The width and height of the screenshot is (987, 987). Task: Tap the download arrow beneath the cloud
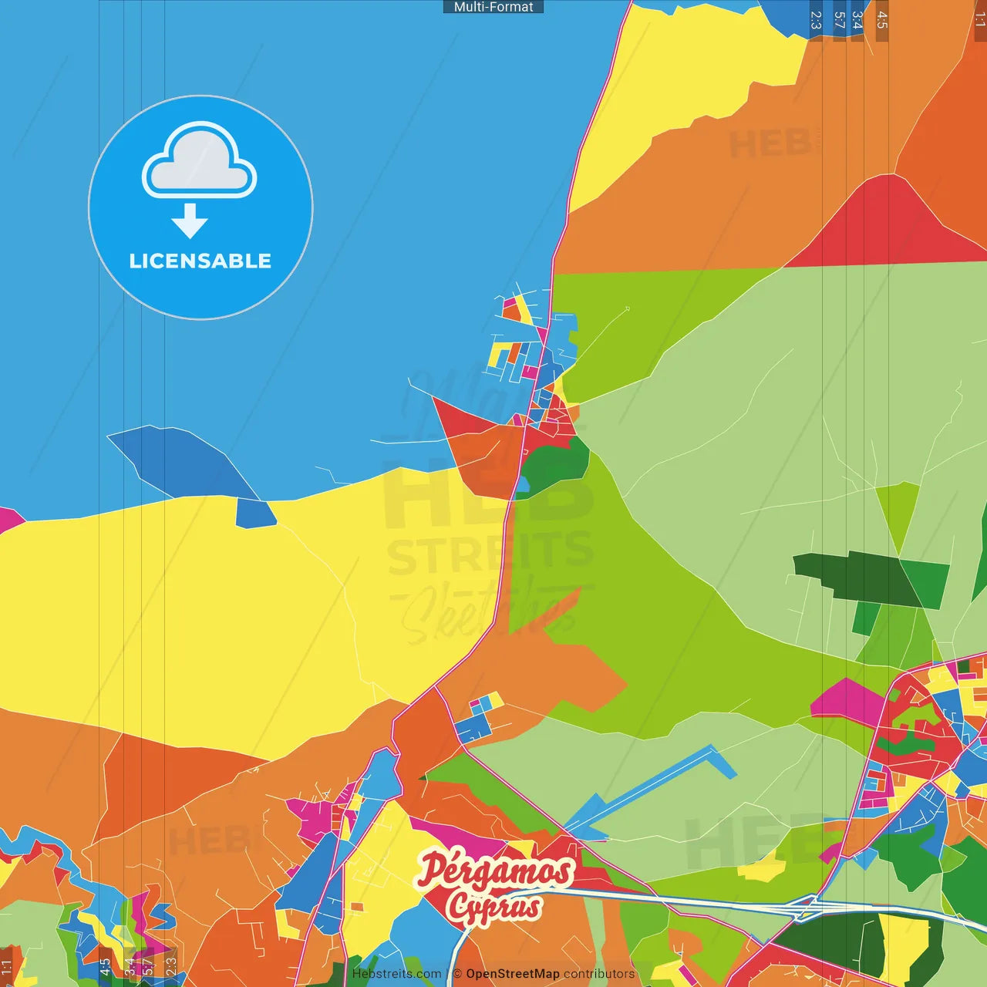190,222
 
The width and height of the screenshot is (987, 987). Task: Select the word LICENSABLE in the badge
200,261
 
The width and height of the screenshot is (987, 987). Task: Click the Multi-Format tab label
493,7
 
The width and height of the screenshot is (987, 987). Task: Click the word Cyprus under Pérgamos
493,908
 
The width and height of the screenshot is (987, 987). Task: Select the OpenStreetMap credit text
513,974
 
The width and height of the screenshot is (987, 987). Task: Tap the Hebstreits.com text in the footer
396,974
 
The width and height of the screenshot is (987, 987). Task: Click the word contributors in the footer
599,974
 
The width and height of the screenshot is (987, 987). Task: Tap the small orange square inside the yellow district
356,908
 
